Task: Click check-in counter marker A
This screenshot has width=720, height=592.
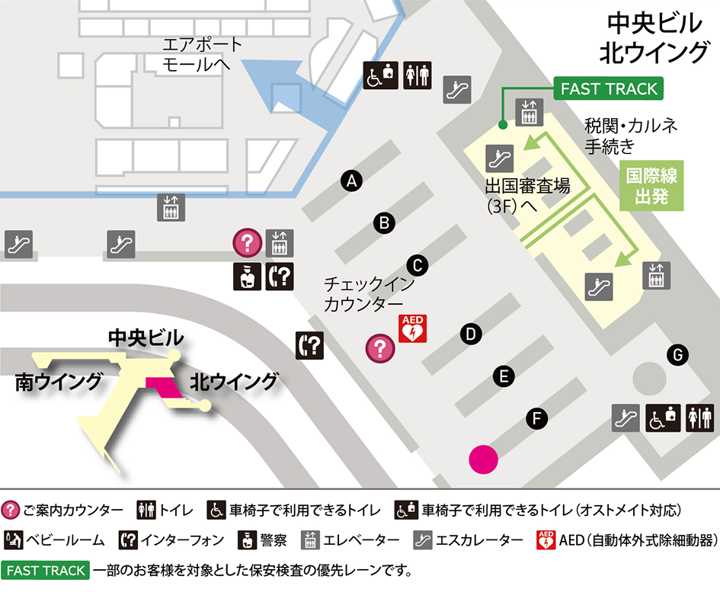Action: click(351, 181)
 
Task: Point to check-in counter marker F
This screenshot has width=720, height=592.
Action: click(537, 418)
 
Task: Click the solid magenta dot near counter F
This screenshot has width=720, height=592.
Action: click(483, 459)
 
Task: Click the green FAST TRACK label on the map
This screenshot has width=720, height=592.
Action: click(608, 89)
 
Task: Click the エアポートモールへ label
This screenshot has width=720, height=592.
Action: click(202, 54)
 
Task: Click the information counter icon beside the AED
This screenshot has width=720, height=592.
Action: click(380, 348)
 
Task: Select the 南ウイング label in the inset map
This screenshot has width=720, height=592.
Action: click(59, 381)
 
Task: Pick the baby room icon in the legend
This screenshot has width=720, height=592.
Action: click(13, 540)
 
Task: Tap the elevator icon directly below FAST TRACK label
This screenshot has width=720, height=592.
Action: click(529, 113)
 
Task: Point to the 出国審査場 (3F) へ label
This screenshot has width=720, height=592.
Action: click(526, 195)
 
